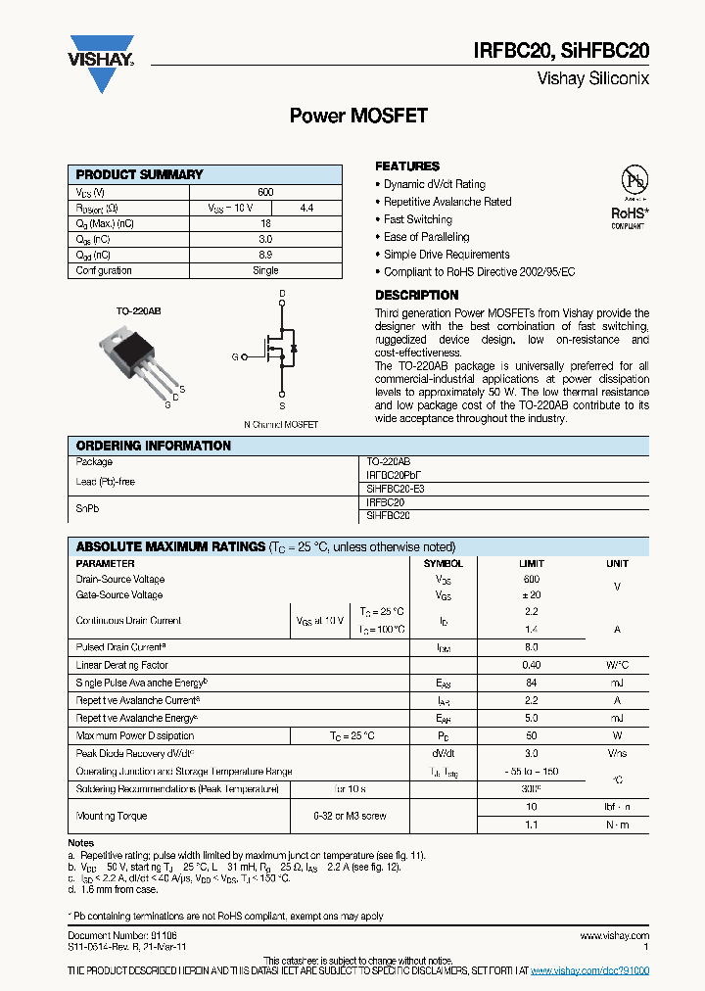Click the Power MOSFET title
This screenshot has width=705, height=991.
pyautogui.click(x=358, y=116)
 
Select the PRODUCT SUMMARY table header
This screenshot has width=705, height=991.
pyautogui.click(x=140, y=174)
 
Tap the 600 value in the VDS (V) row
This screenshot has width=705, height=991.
pyautogui.click(x=265, y=193)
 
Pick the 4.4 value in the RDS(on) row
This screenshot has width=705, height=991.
pyautogui.click(x=306, y=209)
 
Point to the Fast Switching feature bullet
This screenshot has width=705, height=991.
pyautogui.click(x=417, y=219)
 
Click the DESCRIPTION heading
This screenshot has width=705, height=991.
pyautogui.click(x=416, y=295)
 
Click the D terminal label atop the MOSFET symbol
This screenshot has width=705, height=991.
pyautogui.click(x=282, y=294)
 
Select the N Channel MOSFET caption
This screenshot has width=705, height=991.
pyautogui.click(x=281, y=425)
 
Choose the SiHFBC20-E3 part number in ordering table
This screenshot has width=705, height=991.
pyautogui.click(x=396, y=488)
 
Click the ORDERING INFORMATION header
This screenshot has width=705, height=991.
pyautogui.click(x=154, y=446)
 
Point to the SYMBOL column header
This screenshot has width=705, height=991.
pyautogui.click(x=443, y=564)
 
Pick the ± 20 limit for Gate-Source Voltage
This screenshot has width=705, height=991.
pyautogui.click(x=532, y=595)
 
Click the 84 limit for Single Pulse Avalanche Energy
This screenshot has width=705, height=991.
pyautogui.click(x=532, y=683)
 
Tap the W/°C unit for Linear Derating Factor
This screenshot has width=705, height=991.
pyautogui.click(x=617, y=665)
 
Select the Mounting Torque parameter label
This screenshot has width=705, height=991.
pyautogui.click(x=111, y=816)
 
